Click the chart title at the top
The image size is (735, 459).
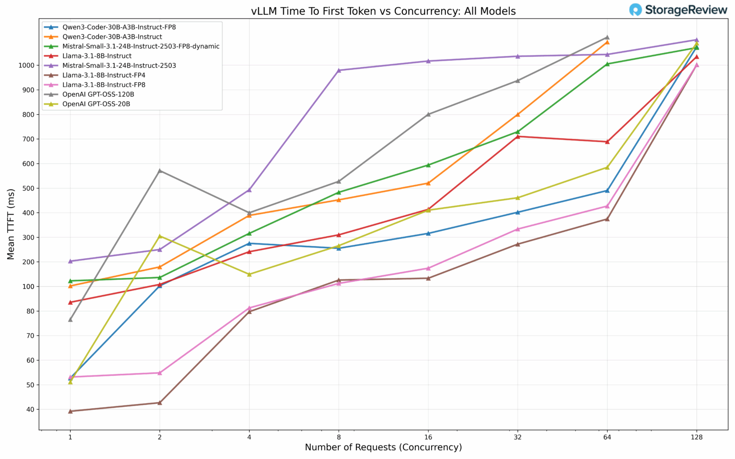[x=383, y=11]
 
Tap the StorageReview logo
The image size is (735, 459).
[x=678, y=10]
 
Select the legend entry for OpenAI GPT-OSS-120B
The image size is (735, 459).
[x=98, y=94]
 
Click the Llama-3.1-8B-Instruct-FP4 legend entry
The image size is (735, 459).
[x=103, y=75]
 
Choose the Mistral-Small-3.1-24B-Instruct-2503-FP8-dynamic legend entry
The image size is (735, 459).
[x=141, y=46]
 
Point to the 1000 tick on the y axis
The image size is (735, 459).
[x=27, y=66]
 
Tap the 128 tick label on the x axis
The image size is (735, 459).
[x=696, y=437]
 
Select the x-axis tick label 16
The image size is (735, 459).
[x=428, y=437]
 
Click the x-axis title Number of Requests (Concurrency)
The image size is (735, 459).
[x=383, y=448]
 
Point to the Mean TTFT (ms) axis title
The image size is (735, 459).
[x=11, y=224]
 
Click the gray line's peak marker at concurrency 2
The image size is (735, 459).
[x=160, y=171]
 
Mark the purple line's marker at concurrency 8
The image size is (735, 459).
[x=339, y=70]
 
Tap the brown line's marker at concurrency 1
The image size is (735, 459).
[x=70, y=411]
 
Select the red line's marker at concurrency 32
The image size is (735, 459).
[x=517, y=136]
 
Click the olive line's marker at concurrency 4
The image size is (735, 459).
[x=249, y=274]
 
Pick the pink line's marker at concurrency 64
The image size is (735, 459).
[x=607, y=206]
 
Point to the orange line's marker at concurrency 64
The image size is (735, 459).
[x=607, y=42]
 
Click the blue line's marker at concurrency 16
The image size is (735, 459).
[x=428, y=233]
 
